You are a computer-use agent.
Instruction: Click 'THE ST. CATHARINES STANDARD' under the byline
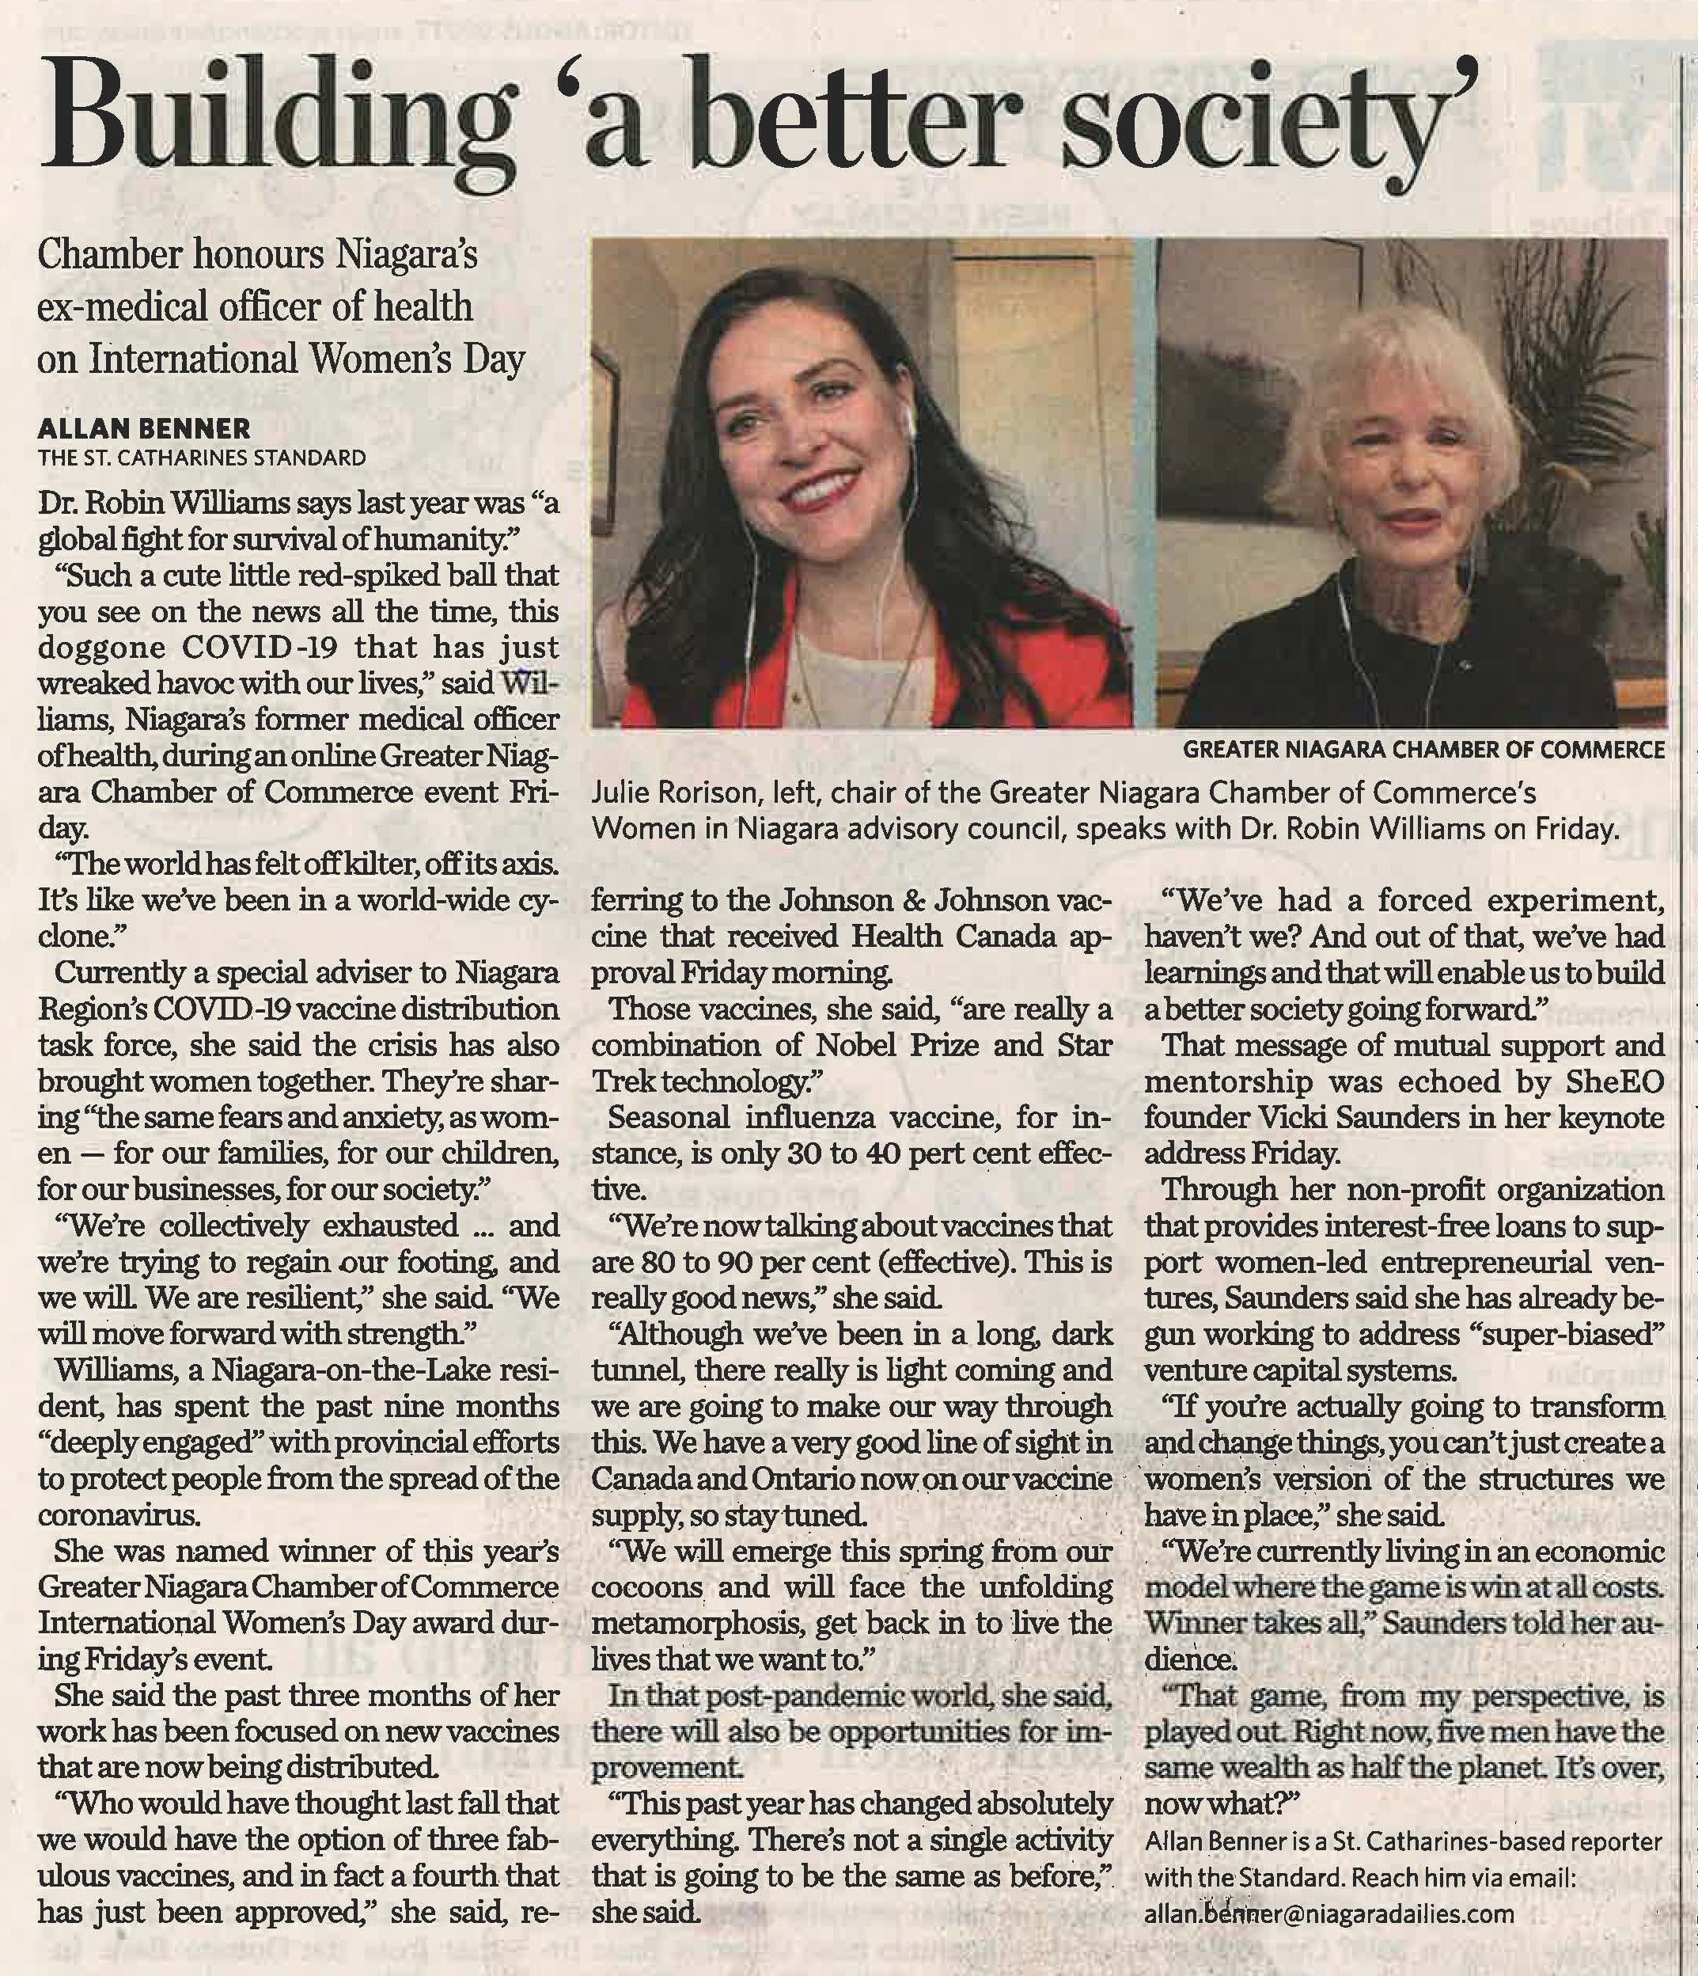click(x=201, y=458)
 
